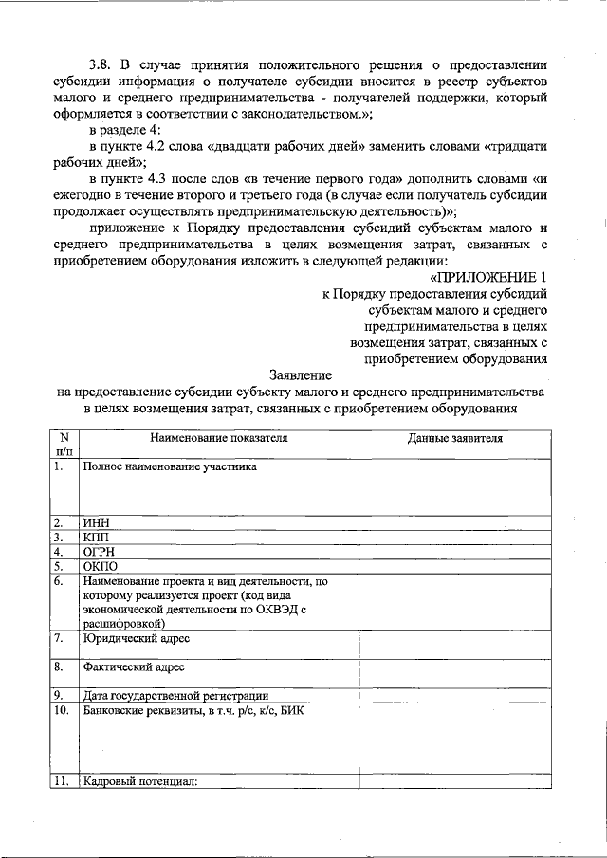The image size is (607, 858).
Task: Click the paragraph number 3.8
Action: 102,65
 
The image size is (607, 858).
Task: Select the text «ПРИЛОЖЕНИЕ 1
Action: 489,278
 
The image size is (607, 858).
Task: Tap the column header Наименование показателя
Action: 217,439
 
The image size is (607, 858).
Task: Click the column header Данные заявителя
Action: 455,439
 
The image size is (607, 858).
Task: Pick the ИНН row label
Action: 97,521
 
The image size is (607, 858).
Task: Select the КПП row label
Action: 97,536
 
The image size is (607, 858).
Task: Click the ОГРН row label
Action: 100,551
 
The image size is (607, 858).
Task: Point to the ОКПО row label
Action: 101,566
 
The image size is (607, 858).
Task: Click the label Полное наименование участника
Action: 170,466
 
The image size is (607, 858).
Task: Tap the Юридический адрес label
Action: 136,639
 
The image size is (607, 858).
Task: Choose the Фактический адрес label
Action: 134,667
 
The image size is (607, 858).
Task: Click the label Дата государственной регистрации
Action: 175,695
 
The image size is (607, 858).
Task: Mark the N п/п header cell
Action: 63,446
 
